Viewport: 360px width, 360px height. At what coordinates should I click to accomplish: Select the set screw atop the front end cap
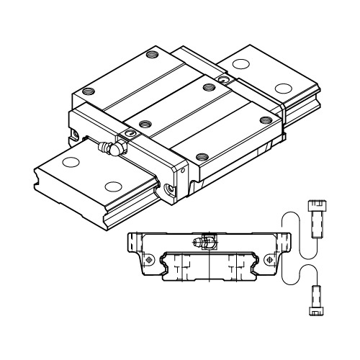[x=130, y=134]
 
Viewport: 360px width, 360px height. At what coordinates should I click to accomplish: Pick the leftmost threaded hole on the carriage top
[x=89, y=91]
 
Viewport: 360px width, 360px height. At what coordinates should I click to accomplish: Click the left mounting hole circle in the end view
[x=148, y=258]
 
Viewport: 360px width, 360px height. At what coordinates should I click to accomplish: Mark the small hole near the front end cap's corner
[x=183, y=171]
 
